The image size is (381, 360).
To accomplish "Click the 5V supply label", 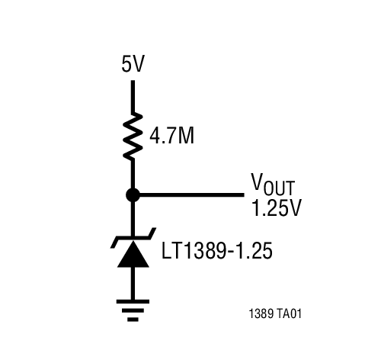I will pyautogui.click(x=133, y=65).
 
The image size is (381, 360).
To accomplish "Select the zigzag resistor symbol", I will pyautogui.click(x=133, y=135).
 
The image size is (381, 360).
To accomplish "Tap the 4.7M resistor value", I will pyautogui.click(x=172, y=137).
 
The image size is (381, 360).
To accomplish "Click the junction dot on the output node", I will pyautogui.click(x=133, y=194).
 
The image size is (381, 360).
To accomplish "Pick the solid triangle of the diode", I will pyautogui.click(x=133, y=255).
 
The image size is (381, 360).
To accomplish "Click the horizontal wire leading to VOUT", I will pyautogui.click(x=190, y=194).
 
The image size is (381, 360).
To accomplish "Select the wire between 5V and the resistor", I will pyautogui.click(x=133, y=95).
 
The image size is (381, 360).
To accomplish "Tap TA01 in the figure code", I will pyautogui.click(x=296, y=313).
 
